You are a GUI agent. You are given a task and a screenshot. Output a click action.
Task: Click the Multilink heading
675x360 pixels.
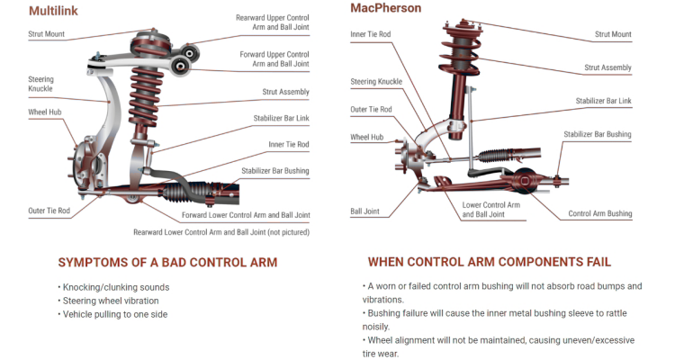pyautogui.click(x=51, y=12)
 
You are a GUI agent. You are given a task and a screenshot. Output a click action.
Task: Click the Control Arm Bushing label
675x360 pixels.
pyautogui.click(x=599, y=214)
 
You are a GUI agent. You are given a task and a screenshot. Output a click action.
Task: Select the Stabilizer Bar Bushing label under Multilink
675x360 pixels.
pyautogui.click(x=274, y=170)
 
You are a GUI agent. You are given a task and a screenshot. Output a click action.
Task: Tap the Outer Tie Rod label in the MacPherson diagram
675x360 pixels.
pyautogui.click(x=371, y=110)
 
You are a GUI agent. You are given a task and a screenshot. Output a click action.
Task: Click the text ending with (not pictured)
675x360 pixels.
pyautogui.click(x=221, y=232)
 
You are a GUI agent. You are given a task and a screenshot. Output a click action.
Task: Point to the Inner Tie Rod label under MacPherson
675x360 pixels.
pyautogui.click(x=371, y=34)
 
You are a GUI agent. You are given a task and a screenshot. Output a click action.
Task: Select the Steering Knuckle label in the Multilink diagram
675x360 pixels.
pyautogui.click(x=40, y=85)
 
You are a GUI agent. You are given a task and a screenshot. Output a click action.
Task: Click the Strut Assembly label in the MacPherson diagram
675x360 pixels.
pyautogui.click(x=607, y=67)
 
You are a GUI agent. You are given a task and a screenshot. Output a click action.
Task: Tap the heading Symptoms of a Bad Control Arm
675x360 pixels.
pyautogui.click(x=167, y=263)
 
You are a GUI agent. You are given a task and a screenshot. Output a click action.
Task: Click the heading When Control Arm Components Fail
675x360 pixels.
pyautogui.click(x=489, y=262)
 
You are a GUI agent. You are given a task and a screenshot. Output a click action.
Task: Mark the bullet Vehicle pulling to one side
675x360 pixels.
pyautogui.click(x=115, y=314)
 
